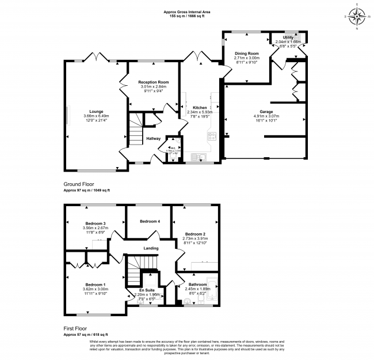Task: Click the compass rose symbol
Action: pyautogui.click(x=356, y=16)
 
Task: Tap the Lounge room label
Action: pyautogui.click(x=96, y=112)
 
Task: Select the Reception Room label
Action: pyautogui.click(x=153, y=82)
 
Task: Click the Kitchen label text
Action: pyautogui.click(x=200, y=108)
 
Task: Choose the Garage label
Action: pyautogui.click(x=266, y=112)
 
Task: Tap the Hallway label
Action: pyautogui.click(x=153, y=138)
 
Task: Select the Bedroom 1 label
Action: pyautogui.click(x=96, y=285)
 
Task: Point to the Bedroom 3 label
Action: pyautogui.click(x=96, y=223)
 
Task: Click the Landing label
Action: pyautogui.click(x=151, y=248)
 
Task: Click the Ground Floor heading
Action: pyautogui.click(x=79, y=185)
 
